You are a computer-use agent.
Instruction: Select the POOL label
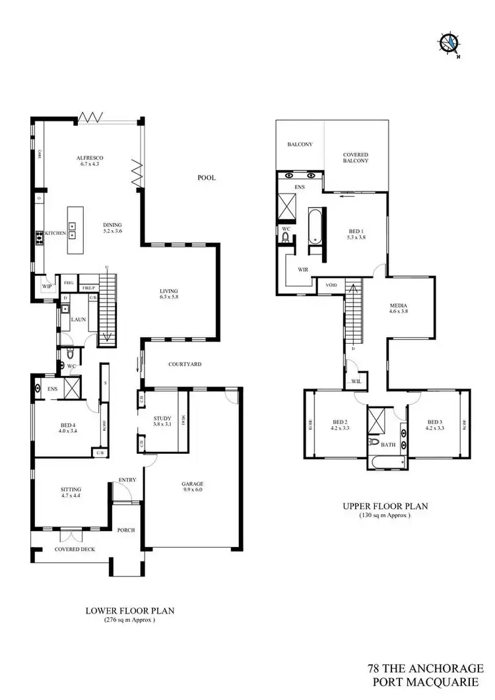(207, 178)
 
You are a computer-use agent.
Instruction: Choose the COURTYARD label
(184, 364)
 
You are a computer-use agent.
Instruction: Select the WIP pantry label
(46, 286)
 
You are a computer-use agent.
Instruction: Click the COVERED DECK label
(73, 549)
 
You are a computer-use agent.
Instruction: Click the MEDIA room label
(399, 306)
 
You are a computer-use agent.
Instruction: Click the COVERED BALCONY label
(355, 157)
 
